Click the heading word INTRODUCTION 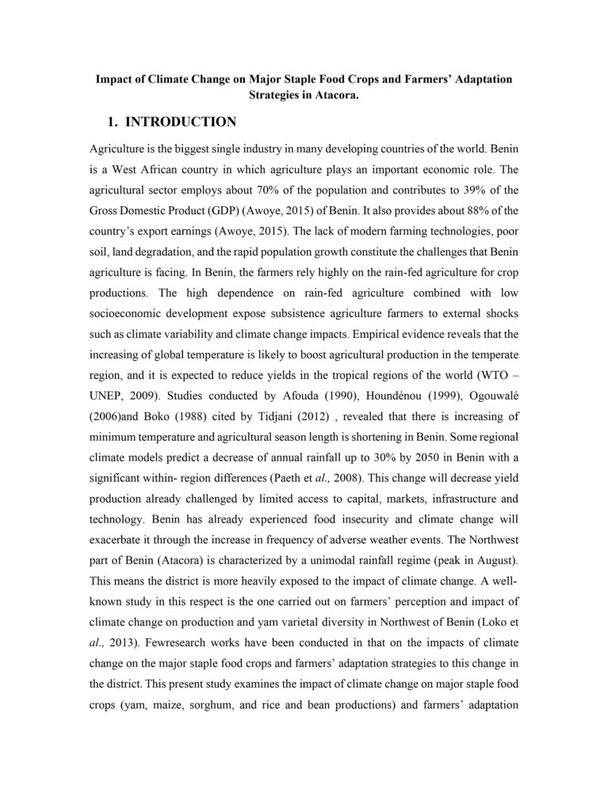(x=181, y=122)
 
